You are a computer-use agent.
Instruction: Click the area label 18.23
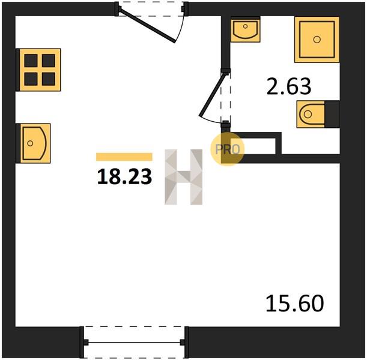click(124, 177)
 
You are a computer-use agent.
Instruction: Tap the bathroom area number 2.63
click(289, 86)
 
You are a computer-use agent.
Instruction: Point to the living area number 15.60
click(295, 303)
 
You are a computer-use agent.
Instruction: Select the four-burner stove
click(39, 70)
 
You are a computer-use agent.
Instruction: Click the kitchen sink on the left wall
click(34, 143)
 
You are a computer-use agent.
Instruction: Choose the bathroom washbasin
click(246, 29)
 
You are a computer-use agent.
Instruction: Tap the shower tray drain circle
click(317, 40)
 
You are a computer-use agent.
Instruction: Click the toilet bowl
click(311, 114)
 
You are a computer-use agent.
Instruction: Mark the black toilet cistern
click(332, 114)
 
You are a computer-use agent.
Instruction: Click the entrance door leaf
click(147, 25)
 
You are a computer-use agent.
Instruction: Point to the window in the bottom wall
click(135, 343)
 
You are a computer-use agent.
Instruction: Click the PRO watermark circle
click(228, 149)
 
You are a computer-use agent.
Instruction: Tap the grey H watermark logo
click(184, 177)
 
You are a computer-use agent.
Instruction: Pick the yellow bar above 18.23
click(124, 157)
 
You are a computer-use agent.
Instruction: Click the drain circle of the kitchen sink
click(30, 143)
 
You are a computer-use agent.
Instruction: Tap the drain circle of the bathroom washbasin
click(245, 26)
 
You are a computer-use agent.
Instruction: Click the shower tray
click(317, 39)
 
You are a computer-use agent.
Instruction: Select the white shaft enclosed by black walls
click(253, 146)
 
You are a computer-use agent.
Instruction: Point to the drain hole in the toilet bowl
click(308, 114)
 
